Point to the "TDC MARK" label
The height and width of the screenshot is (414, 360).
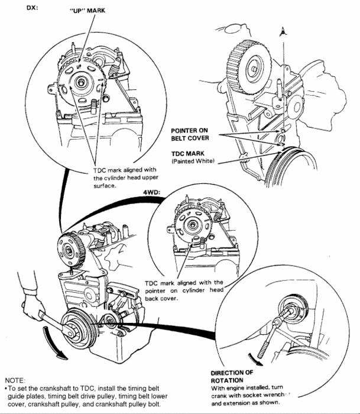189,153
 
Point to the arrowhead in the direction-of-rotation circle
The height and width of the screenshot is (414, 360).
261,357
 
